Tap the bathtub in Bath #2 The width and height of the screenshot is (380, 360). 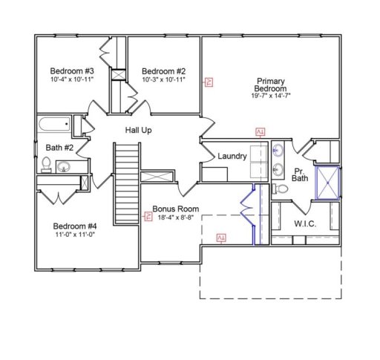[53, 124]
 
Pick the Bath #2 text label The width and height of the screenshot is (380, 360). [59, 148]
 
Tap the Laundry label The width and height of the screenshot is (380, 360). [232, 157]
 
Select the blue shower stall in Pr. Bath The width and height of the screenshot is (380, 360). [327, 183]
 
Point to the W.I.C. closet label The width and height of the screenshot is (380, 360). [306, 222]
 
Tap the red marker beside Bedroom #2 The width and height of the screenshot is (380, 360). [209, 82]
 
